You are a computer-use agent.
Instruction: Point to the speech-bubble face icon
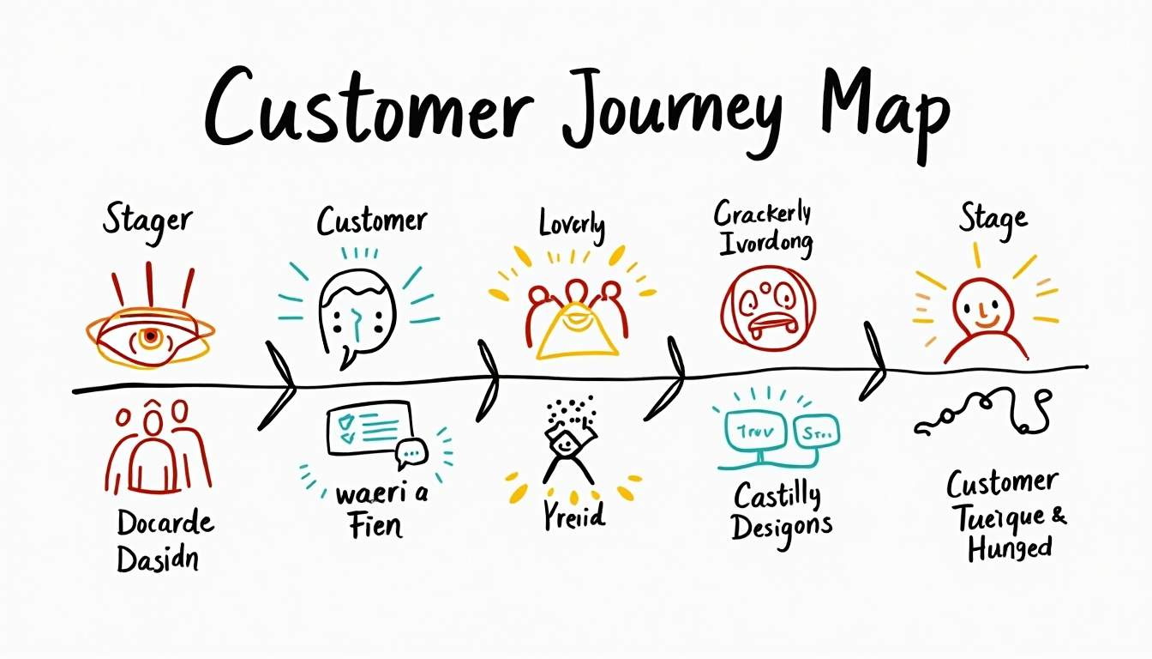[x=357, y=310]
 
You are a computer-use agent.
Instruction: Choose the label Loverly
[x=572, y=225]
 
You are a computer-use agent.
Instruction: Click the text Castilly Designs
[x=781, y=510]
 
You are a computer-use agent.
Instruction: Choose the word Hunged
[x=1010, y=547]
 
